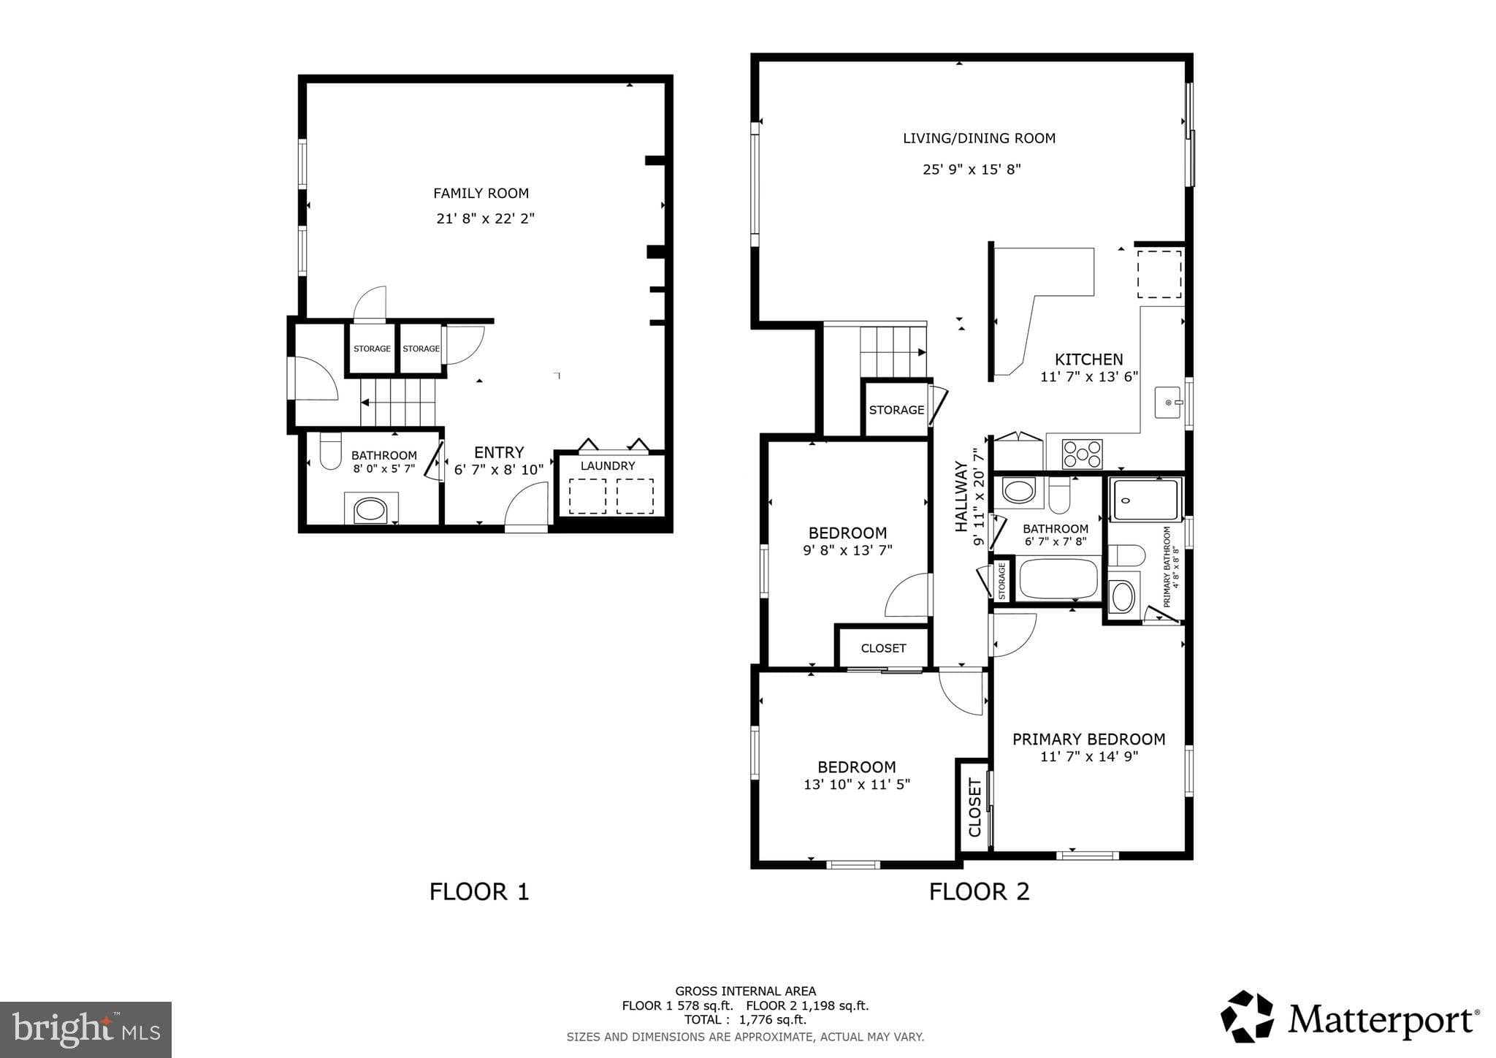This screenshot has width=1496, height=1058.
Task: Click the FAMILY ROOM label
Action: (x=481, y=194)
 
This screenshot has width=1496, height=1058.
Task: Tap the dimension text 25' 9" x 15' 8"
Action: (x=972, y=170)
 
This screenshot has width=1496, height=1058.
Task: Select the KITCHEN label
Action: (x=1088, y=359)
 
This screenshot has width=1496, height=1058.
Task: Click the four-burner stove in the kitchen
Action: (x=1082, y=454)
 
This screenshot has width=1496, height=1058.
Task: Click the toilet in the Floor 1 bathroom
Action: (x=331, y=452)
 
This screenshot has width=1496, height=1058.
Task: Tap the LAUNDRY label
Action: (x=608, y=466)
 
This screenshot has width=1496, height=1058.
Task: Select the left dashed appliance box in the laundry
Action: (x=587, y=496)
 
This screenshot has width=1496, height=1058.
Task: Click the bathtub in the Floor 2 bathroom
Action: (x=1058, y=579)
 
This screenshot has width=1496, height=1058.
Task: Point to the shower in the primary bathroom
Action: (x=1145, y=500)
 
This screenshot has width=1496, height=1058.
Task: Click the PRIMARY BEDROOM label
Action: (x=1088, y=739)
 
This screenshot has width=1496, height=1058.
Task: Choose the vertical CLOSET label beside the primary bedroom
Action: (x=974, y=807)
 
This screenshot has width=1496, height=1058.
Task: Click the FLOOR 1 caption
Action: (x=478, y=891)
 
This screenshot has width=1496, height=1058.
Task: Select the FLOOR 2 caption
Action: (x=979, y=891)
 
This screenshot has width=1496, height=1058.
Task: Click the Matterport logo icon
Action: (x=1246, y=1016)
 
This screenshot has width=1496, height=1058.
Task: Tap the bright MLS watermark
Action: (x=85, y=1030)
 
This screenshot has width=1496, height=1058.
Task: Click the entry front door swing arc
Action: (x=526, y=506)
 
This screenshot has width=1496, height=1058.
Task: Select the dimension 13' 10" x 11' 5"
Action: (x=856, y=785)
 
